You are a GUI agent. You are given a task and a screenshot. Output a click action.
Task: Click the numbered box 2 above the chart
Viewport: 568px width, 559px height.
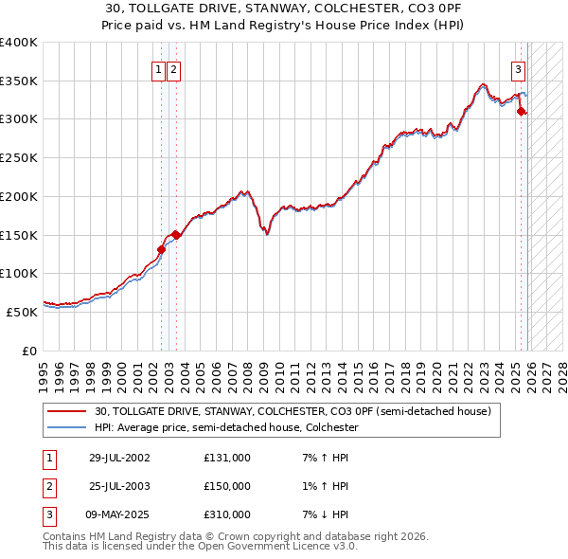(175, 68)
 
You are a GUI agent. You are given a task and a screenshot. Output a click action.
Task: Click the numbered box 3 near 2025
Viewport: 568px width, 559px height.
(519, 68)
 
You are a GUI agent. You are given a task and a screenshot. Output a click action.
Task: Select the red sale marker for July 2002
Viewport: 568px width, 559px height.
(161, 250)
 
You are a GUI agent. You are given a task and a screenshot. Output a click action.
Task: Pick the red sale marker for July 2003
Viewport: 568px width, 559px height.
(177, 235)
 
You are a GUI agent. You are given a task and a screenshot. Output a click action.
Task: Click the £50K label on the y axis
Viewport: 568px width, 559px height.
(22, 311)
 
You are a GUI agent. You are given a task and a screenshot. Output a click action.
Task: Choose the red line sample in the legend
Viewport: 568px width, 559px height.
(68, 412)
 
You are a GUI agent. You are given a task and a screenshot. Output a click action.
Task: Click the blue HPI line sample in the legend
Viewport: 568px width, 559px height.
(68, 428)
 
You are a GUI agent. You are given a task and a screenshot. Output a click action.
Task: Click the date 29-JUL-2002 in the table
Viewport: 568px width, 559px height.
(119, 459)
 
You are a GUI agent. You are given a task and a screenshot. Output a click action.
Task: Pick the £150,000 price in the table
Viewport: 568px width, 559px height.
(226, 486)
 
